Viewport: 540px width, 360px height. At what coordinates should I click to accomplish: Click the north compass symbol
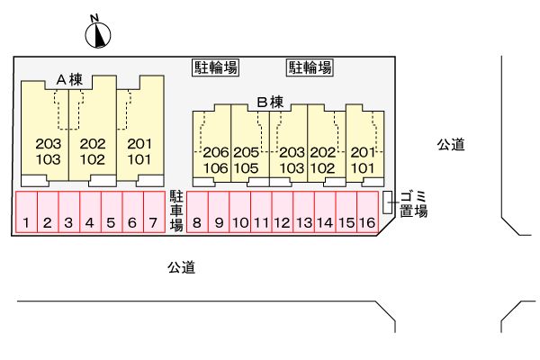point(97,34)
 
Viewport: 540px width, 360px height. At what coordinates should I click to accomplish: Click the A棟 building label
point(69,79)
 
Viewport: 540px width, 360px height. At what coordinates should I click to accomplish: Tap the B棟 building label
point(270,102)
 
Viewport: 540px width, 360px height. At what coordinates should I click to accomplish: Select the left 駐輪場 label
point(216,67)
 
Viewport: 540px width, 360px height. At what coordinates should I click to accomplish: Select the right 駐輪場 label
point(310,67)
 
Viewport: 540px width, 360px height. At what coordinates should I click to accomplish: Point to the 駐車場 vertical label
point(176,210)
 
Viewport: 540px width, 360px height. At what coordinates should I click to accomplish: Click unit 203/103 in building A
point(48,151)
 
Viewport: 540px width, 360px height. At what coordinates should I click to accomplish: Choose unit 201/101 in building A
point(139,151)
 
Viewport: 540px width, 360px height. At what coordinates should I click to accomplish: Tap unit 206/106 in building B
point(216,159)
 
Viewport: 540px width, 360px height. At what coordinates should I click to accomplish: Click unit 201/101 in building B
point(362,159)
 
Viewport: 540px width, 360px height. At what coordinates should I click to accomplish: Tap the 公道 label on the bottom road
point(181,266)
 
